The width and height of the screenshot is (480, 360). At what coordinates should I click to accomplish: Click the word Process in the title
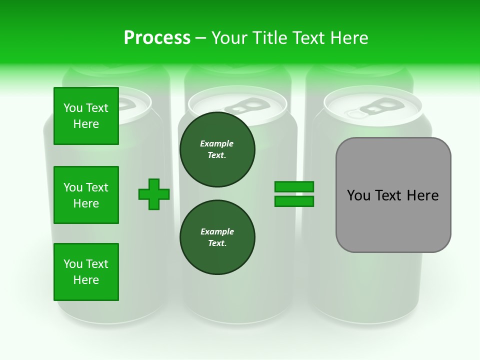(x=157, y=38)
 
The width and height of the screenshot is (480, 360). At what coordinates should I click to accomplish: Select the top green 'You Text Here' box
(x=86, y=116)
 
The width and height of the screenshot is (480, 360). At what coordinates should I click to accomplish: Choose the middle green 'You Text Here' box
(x=86, y=195)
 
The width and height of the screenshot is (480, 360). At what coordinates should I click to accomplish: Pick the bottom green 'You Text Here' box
(x=86, y=272)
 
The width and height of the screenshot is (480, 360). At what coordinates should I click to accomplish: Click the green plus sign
(x=154, y=194)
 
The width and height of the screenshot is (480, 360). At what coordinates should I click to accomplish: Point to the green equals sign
(x=294, y=194)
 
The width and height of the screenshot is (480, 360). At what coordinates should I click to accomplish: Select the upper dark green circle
(x=217, y=149)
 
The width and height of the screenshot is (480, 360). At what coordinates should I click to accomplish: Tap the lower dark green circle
(x=217, y=237)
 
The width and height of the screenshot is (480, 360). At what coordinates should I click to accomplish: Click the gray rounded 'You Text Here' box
(x=393, y=195)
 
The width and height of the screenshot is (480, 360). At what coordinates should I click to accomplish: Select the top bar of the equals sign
(x=294, y=187)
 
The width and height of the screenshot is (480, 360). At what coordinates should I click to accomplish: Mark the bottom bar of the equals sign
(x=294, y=201)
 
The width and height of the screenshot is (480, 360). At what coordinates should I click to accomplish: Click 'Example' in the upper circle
(x=217, y=143)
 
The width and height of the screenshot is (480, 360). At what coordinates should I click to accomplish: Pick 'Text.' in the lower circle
(x=217, y=243)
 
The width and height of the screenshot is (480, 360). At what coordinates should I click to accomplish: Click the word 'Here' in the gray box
(x=422, y=195)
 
